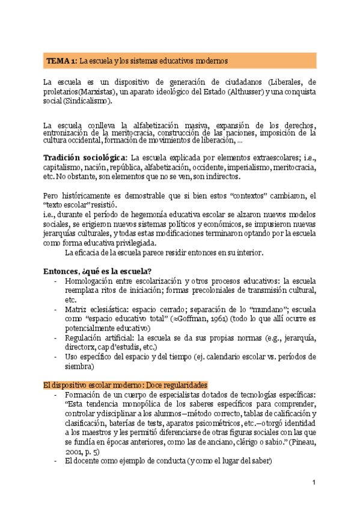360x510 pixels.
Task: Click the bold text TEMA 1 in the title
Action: click(x=61, y=61)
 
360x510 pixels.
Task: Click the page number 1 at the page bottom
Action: click(x=314, y=483)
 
